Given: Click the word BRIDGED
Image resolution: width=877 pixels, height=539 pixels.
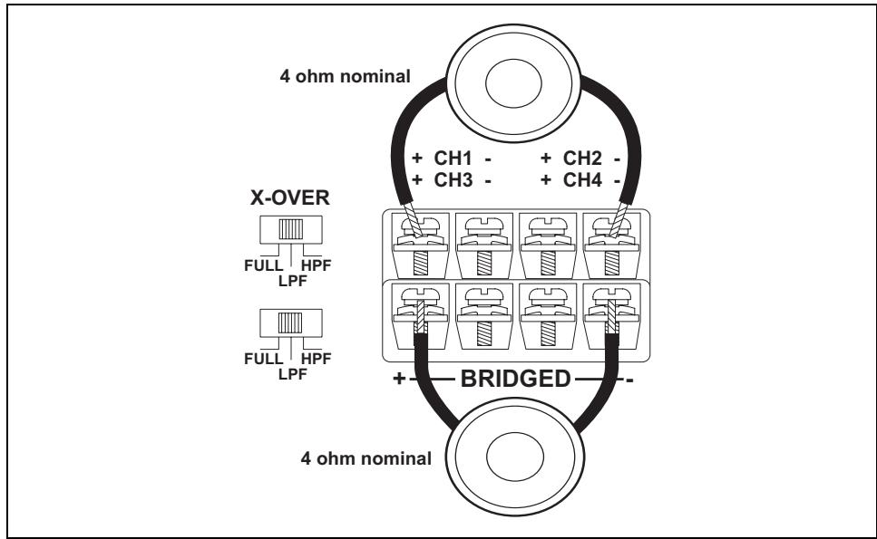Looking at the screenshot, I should point(515,378).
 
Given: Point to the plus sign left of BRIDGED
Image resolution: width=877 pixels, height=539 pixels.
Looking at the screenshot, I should point(399,379).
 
